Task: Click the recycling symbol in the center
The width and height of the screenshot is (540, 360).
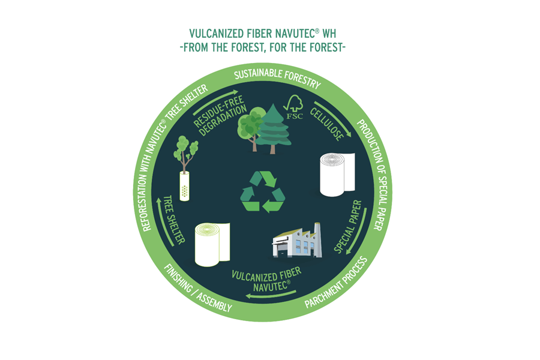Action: [x=262, y=192]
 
